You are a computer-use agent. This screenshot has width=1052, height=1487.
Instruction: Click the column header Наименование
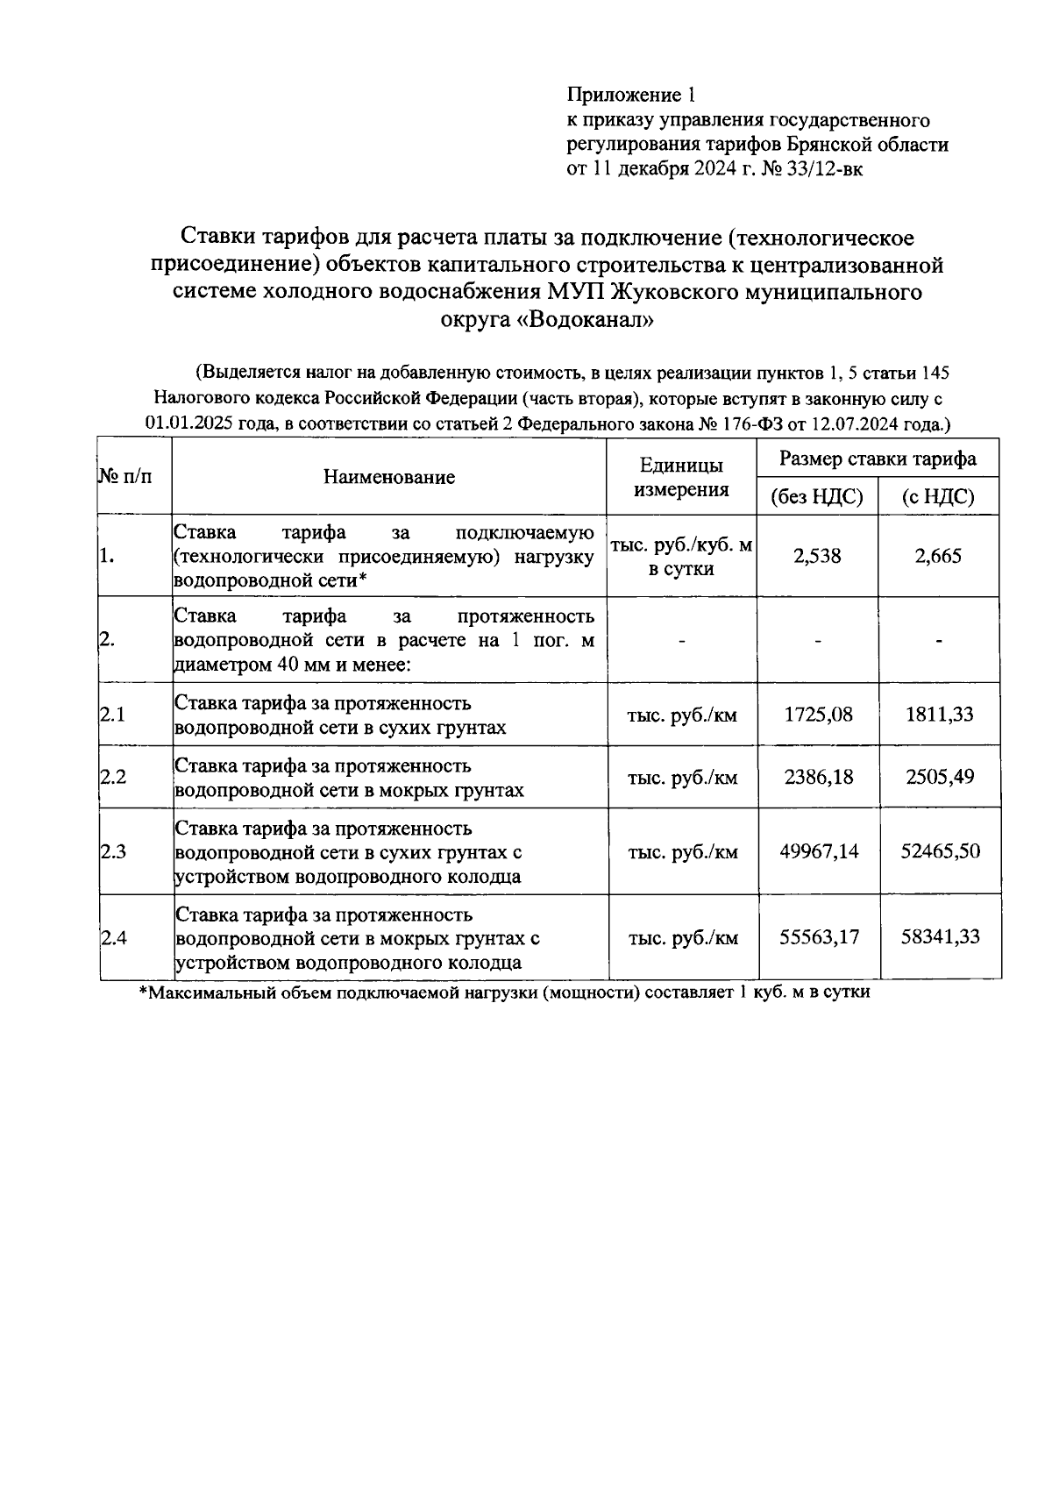389,477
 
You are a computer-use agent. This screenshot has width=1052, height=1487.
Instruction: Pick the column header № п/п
124,477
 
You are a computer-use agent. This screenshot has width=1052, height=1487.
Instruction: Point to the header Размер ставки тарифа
878,459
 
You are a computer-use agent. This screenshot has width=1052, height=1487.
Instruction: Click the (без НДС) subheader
817,497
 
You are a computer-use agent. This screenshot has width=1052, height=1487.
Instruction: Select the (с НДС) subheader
938,497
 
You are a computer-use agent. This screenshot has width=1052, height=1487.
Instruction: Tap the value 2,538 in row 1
817,556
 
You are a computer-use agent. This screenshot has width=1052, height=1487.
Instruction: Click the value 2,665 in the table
938,556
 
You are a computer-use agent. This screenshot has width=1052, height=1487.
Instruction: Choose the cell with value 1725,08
818,715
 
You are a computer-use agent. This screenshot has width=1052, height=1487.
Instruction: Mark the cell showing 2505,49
940,777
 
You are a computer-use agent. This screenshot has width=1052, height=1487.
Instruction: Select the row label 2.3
113,851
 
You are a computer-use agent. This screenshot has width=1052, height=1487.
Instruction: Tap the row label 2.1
113,715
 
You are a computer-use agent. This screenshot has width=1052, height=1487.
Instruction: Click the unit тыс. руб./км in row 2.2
682,778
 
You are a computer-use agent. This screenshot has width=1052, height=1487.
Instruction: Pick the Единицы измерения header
681,477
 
